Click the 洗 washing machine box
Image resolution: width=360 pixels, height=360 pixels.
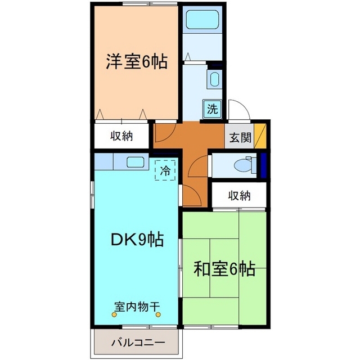pos(212,109)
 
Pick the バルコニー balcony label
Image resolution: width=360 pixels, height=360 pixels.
pos(137,342)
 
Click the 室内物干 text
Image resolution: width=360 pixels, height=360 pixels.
pos(137,307)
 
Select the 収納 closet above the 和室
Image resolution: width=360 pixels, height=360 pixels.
pos(239,196)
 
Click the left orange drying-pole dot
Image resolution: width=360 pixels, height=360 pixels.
pos(115,314)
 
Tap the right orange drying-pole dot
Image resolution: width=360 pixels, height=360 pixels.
pos(159,314)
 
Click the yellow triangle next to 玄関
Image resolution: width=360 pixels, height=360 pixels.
pos(259,137)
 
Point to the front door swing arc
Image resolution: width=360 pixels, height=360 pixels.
pos(236,110)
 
